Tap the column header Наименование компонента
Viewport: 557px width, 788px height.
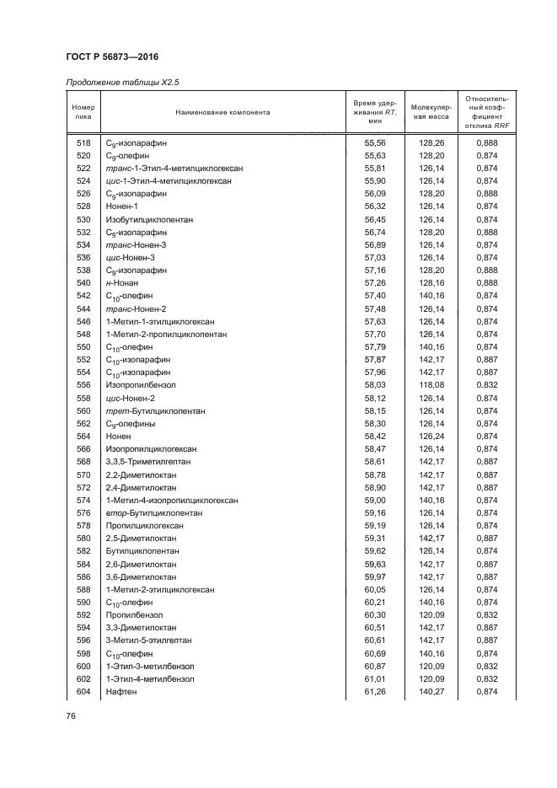(222, 112)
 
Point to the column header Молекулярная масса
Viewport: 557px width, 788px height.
(431, 112)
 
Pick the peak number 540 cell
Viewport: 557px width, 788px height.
(83, 283)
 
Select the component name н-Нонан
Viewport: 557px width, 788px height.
(122, 283)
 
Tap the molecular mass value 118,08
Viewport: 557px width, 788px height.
(431, 385)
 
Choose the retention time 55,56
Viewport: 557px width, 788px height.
(374, 143)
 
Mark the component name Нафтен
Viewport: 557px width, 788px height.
(121, 691)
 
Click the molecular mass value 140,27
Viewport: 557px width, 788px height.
(431, 691)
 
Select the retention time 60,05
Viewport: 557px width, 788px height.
(374, 589)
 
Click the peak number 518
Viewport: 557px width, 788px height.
(83, 143)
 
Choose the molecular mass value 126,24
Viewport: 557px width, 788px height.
(431, 436)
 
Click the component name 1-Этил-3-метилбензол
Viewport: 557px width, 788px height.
(150, 666)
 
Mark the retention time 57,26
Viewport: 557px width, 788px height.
(374, 283)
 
